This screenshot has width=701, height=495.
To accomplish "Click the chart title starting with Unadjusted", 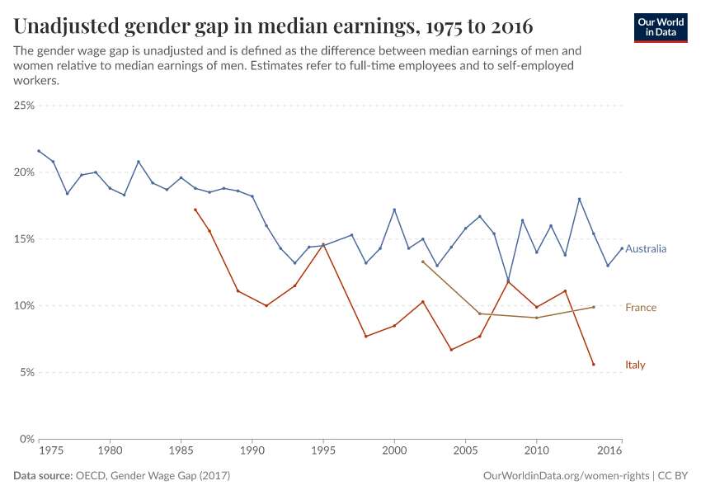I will click(273, 26).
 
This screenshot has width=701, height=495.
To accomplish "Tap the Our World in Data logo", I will click(660, 27).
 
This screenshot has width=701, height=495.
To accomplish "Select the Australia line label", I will click(646, 248).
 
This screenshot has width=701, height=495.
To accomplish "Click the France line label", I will click(641, 308).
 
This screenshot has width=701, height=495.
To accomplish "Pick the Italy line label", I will click(635, 365).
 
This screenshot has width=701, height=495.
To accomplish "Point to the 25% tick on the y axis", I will click(23, 106).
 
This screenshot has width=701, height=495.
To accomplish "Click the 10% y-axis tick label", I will click(23, 305).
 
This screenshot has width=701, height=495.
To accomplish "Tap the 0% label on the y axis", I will click(26, 439).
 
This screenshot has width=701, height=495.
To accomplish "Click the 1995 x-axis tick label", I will click(323, 452).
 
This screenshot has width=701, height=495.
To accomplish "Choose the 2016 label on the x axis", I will click(609, 452).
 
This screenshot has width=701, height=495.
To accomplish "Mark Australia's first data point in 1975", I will click(39, 151).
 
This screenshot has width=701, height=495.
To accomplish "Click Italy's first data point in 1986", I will click(195, 210).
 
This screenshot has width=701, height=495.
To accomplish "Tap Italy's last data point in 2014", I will click(593, 365).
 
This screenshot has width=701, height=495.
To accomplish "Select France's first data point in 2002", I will click(422, 262).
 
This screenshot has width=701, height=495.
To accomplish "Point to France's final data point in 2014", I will click(593, 307).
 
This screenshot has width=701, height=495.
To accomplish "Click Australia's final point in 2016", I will click(622, 248).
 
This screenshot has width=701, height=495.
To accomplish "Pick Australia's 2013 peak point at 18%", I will click(579, 199).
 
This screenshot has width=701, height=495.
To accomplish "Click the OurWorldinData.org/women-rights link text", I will click(565, 476).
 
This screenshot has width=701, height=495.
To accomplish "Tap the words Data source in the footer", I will click(42, 476).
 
